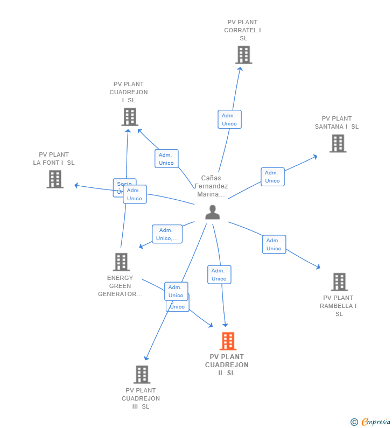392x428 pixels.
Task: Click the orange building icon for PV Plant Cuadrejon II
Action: [x=228, y=341]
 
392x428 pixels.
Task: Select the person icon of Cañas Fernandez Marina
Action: [x=213, y=213]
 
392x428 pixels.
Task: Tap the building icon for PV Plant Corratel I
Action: [x=243, y=55]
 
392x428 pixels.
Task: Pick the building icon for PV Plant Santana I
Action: [x=338, y=144]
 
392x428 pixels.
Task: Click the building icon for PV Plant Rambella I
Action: [x=339, y=282]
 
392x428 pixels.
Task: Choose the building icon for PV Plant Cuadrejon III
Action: [x=142, y=375]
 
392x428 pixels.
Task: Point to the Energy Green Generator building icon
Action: [x=121, y=262]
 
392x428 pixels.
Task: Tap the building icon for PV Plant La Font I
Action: [x=55, y=179]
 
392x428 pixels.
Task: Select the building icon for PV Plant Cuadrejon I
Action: [x=129, y=117]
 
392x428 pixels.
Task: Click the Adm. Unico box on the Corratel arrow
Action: [x=229, y=120]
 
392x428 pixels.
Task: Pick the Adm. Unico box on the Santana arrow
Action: [x=272, y=177]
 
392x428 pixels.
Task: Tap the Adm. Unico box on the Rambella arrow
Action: [x=274, y=244]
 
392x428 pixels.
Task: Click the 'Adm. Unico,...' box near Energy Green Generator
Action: [x=167, y=234]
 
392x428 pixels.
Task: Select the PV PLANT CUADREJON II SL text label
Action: [x=227, y=365]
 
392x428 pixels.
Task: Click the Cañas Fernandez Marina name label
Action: [x=211, y=186]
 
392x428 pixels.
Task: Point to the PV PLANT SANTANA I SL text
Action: [x=337, y=123]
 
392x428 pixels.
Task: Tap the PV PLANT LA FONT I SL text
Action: [x=54, y=159]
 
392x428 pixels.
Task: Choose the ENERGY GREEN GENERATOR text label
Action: [x=120, y=286]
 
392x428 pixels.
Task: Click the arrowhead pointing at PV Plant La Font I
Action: [x=76, y=185]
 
